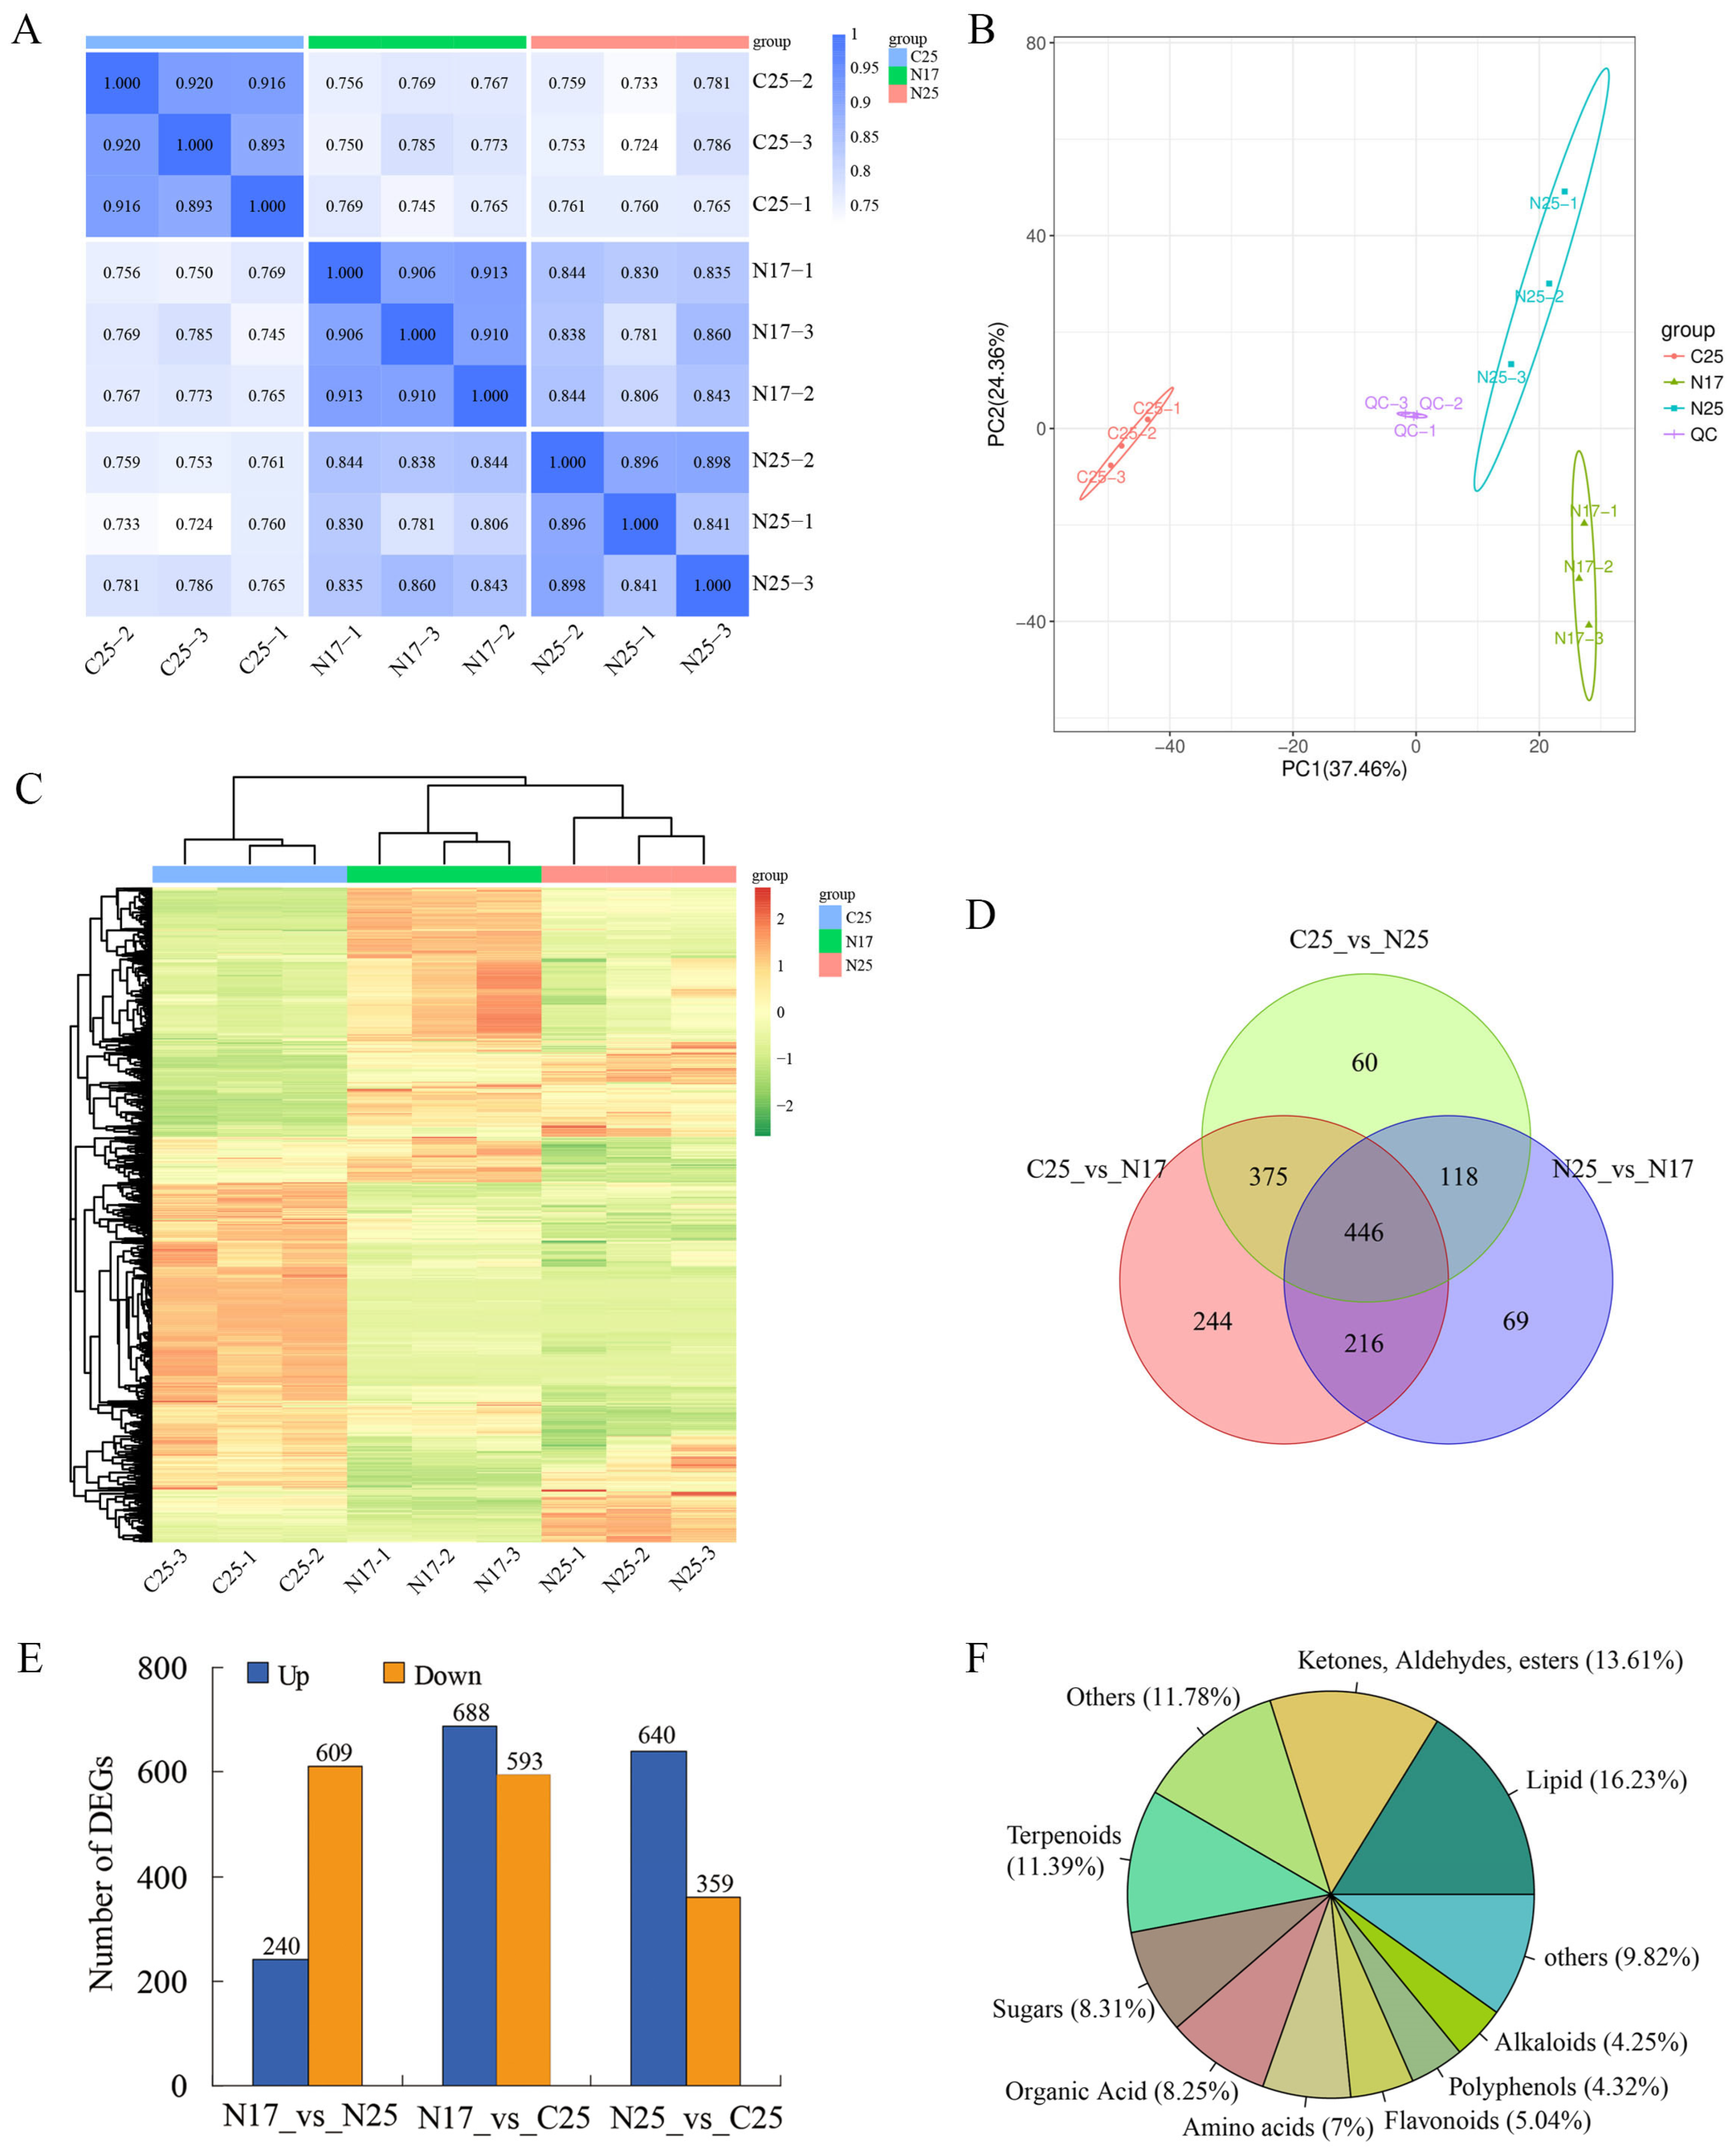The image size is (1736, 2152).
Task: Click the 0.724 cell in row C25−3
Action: (x=639, y=145)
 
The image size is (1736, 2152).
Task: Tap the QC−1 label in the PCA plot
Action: (x=1414, y=431)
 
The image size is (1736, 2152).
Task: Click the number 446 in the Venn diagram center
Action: (x=1364, y=1232)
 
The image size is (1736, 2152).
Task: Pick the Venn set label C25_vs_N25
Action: (x=1358, y=939)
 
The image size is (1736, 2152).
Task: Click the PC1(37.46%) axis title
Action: (x=1344, y=769)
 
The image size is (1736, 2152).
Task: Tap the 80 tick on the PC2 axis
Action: (x=1035, y=43)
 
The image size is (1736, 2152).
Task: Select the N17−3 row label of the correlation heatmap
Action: (x=782, y=332)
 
